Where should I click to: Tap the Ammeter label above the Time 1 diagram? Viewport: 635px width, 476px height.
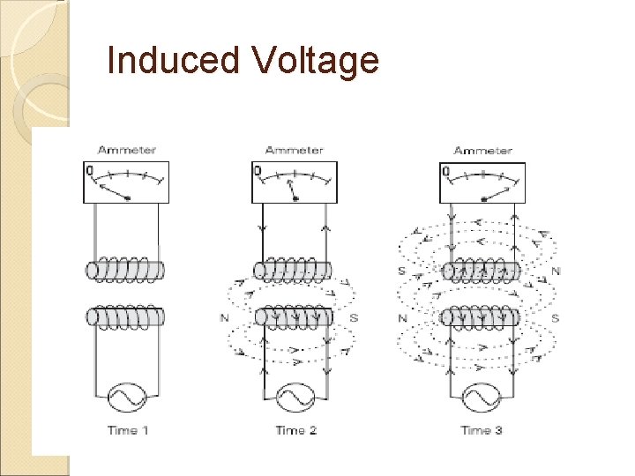[127, 151]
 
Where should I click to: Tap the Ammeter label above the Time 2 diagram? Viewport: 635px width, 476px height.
[294, 151]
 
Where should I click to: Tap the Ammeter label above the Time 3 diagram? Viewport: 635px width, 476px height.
[482, 151]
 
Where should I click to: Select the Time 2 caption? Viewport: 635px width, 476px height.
[295, 430]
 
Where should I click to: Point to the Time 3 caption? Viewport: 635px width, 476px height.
[482, 430]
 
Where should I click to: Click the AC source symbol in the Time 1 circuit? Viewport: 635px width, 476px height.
[126, 399]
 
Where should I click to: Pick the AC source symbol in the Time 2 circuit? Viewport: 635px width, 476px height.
[295, 399]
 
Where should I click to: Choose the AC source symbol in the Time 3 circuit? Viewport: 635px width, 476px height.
[482, 399]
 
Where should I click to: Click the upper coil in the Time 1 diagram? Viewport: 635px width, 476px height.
[126, 270]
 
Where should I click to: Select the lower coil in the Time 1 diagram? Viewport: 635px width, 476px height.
[126, 316]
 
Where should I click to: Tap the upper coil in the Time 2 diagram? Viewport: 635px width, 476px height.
[293, 270]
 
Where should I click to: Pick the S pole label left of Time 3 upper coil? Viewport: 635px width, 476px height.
[402, 271]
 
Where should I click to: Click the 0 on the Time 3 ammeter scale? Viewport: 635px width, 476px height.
[445, 171]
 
